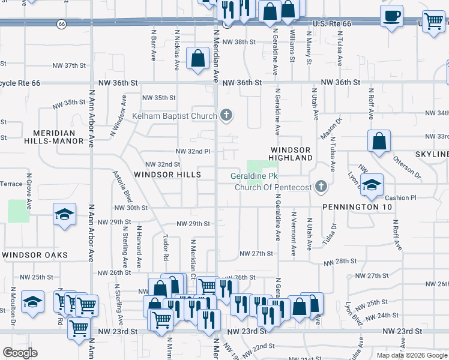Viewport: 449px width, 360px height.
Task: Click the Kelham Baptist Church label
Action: click(175, 115)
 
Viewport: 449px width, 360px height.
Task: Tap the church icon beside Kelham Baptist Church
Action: click(226, 115)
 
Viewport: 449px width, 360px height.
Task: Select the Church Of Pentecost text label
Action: click(271, 187)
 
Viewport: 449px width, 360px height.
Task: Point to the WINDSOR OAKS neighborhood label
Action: click(34, 255)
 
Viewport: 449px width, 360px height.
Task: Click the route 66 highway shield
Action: click(62, 24)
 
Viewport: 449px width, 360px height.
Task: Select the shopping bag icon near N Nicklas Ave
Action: click(197, 59)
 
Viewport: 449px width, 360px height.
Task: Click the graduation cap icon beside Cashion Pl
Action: click(372, 184)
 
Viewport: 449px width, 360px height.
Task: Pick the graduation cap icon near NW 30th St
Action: click(64, 215)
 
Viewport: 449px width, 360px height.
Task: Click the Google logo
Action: click(20, 353)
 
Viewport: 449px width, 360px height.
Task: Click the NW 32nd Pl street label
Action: click(192, 151)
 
